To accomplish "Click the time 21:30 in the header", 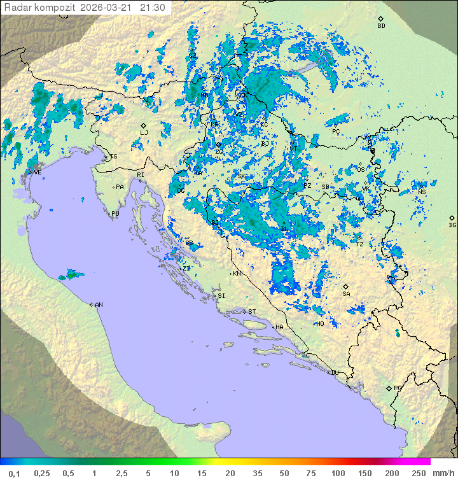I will click(153, 8).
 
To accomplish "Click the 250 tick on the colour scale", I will click(418, 473).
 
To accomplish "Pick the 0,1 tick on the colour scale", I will click(14, 473).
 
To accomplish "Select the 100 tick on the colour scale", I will click(338, 473).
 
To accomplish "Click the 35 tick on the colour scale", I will click(257, 473).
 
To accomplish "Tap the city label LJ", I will click(144, 132).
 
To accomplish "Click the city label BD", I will click(381, 26).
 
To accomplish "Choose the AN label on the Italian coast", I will click(99, 305).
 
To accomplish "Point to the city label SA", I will click(346, 293).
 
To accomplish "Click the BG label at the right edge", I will click(452, 225).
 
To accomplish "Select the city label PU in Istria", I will click(115, 214).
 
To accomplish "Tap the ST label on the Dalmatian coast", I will click(252, 311).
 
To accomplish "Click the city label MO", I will click(321, 323).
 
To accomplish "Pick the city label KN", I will click(237, 274).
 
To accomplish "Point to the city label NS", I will click(422, 192).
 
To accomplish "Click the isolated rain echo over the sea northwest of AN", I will click(71, 275).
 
